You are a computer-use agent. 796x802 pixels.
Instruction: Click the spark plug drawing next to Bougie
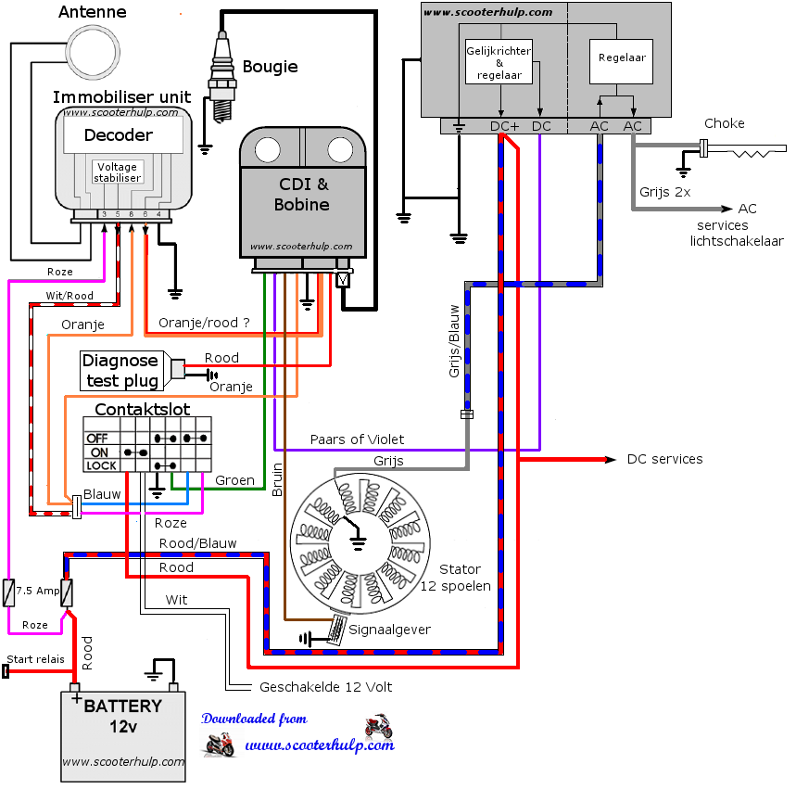[x=222, y=79]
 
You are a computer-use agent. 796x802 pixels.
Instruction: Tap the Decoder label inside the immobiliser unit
[x=119, y=135]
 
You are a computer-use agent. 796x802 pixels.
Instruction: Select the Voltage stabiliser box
[x=118, y=172]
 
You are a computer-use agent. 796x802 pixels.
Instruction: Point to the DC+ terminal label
[x=505, y=126]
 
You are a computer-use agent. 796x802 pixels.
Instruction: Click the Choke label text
[x=724, y=123]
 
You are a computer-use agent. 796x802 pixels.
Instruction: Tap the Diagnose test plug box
[x=120, y=370]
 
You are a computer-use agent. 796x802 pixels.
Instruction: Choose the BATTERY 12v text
[x=122, y=717]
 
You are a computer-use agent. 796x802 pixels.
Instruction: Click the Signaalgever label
[x=389, y=630]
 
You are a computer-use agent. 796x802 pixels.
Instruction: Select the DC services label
[x=664, y=459]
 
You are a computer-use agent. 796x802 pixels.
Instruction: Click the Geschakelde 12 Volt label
[x=325, y=687]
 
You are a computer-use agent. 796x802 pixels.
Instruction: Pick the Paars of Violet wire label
[x=357, y=439]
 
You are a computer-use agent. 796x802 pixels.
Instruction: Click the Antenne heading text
[x=93, y=13]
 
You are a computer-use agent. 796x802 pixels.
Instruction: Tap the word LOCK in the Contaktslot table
[x=102, y=465]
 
